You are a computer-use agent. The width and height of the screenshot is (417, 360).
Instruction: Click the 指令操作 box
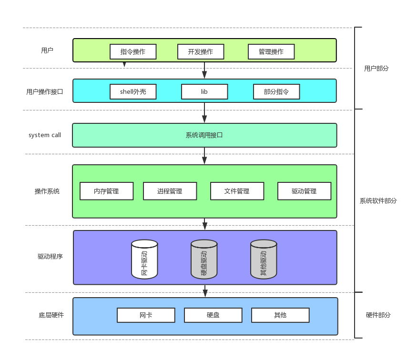click(133, 51)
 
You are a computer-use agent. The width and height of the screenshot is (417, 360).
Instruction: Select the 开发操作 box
click(201, 51)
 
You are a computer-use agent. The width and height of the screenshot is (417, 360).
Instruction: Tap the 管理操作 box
click(271, 51)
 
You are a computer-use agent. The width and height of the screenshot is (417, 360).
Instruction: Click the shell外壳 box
click(133, 91)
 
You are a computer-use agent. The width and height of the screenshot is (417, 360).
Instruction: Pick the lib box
click(204, 91)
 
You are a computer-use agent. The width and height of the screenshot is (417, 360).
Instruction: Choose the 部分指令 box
click(276, 91)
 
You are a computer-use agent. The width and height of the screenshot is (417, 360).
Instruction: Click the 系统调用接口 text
click(204, 135)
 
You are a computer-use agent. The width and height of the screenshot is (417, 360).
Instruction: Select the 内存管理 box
click(106, 191)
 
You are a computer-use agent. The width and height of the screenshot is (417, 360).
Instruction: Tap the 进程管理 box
click(170, 191)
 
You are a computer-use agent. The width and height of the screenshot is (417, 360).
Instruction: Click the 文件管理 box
click(237, 191)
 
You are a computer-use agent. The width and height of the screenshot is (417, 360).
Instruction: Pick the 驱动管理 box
click(304, 191)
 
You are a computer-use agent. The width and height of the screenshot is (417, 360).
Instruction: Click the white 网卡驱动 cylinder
click(144, 260)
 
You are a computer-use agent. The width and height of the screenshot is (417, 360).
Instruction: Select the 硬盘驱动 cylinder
click(204, 260)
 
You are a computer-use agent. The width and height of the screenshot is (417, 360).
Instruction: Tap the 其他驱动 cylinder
click(264, 260)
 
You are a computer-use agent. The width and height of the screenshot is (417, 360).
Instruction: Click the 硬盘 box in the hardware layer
click(213, 315)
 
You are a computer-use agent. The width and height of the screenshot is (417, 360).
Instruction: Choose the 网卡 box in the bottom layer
click(146, 315)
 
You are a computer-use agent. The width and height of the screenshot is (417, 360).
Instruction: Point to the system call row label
click(45, 135)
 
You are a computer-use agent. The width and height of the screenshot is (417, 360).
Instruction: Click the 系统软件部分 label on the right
click(378, 201)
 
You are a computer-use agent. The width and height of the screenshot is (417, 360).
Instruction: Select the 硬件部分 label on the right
click(378, 315)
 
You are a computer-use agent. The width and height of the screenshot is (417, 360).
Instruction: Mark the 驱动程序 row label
click(51, 256)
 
